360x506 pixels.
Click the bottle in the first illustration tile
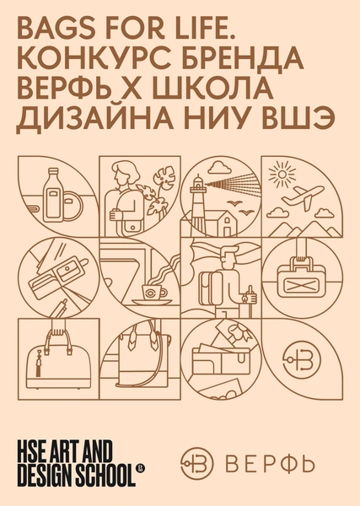click(x=54, y=195)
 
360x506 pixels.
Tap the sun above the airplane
click(x=282, y=175)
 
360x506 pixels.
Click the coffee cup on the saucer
click(x=153, y=292)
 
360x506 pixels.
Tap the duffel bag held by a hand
click(x=302, y=282)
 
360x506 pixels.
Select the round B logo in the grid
click(x=302, y=358)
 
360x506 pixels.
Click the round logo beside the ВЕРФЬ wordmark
click(x=196, y=464)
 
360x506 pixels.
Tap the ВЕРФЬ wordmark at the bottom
click(x=270, y=464)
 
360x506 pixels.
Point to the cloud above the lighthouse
click(x=219, y=168)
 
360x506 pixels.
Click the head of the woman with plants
click(x=124, y=174)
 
